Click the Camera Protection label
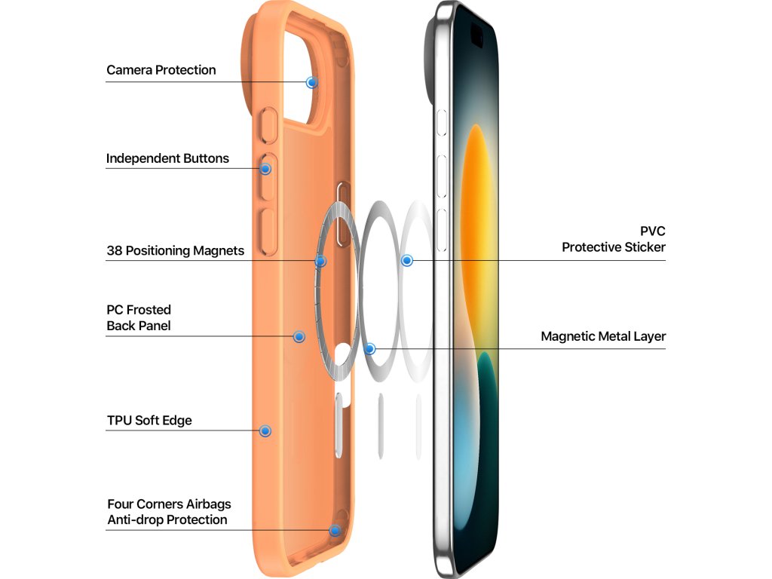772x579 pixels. [161, 70]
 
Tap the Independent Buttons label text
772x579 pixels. [167, 158]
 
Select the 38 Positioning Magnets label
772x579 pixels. [175, 250]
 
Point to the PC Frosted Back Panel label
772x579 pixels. [139, 317]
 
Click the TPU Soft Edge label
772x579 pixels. [149, 420]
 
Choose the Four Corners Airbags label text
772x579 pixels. [169, 504]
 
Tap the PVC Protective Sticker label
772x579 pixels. [614, 238]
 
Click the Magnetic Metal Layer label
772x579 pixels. [603, 336]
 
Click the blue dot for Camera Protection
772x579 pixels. [311, 82]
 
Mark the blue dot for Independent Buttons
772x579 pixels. [265, 169]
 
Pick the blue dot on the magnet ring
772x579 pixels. [320, 261]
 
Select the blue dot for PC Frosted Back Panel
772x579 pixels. [299, 336]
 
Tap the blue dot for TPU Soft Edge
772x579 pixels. [265, 430]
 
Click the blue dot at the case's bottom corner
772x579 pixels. [334, 530]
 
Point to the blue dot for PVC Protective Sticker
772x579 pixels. [407, 260]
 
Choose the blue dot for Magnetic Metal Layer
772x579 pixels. [369, 349]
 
